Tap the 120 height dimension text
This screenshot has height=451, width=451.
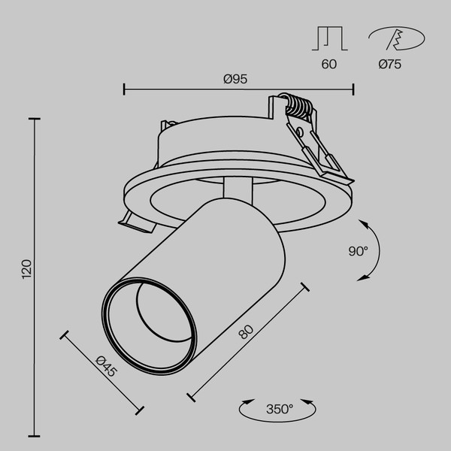pos(27,268)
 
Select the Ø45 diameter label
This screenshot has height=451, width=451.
pos(107,365)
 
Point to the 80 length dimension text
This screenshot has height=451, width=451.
pos(245,331)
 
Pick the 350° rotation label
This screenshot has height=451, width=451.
pos(279,409)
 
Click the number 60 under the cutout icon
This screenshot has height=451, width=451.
pos(328,65)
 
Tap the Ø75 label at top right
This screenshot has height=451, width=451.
pos(389,65)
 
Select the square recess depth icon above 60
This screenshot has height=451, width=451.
pos(328,38)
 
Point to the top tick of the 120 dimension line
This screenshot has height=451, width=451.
pos(34,118)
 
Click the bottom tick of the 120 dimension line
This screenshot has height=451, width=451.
pos(34,435)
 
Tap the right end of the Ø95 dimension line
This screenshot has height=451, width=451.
pos(353,90)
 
